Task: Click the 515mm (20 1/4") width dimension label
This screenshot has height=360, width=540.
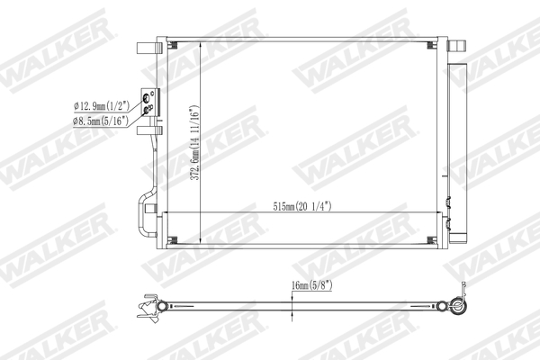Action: pos(302,206)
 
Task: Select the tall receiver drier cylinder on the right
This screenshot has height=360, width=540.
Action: pos(459,153)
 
